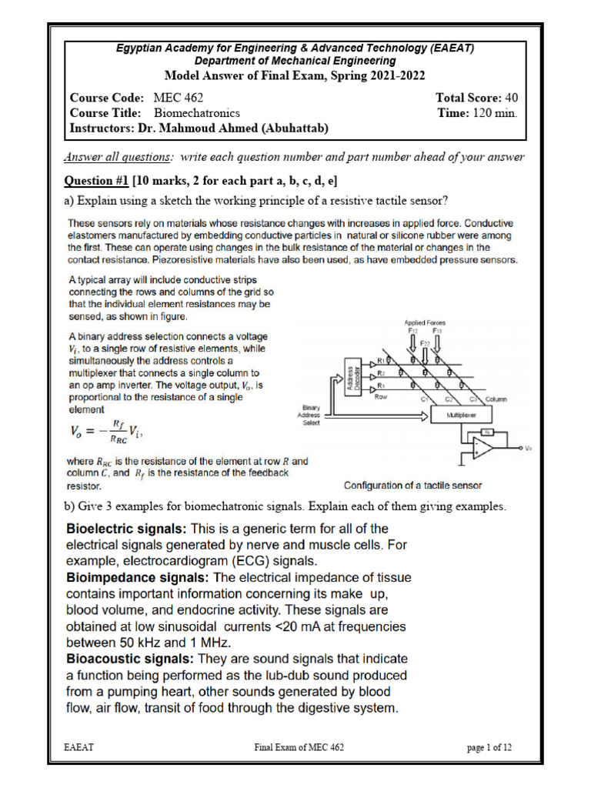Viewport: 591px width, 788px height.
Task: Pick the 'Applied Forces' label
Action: pos(424,322)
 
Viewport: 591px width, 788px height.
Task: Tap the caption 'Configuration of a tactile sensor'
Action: pos(412,486)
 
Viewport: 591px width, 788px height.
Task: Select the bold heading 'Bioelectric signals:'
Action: pos(126,529)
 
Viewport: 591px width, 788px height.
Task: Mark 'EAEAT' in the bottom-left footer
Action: pos(79,746)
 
